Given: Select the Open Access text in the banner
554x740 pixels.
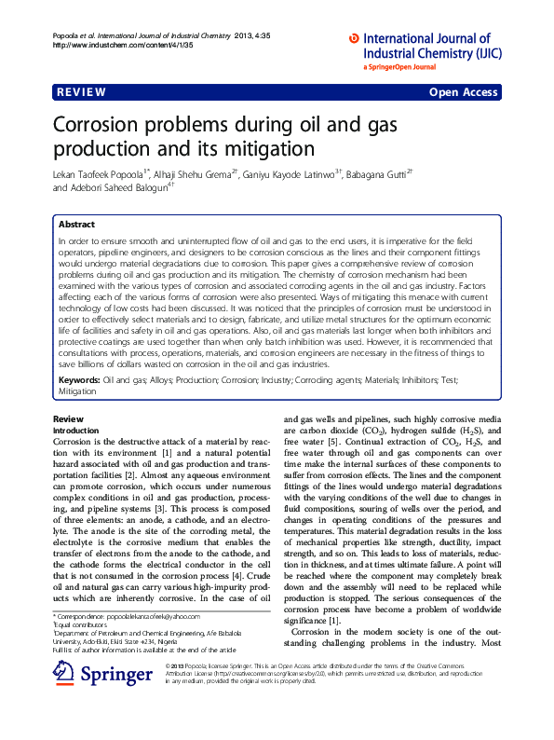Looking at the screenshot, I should (x=465, y=93).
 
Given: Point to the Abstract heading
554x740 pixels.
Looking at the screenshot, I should (x=76, y=225).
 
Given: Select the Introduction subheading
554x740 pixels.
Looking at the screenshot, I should (x=77, y=431).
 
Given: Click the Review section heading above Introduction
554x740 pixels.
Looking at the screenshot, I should (x=69, y=419).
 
